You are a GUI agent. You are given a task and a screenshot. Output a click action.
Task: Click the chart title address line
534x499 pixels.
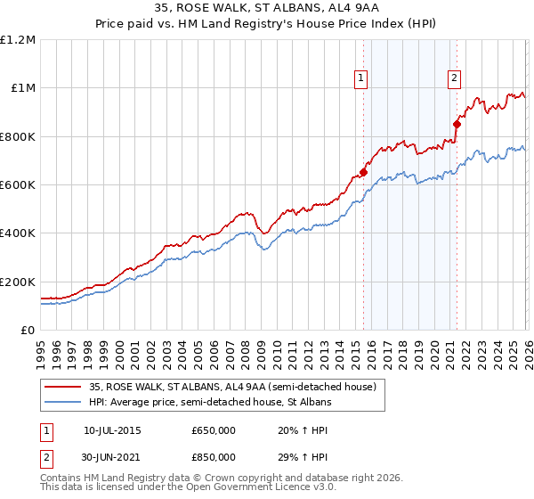click(x=266, y=10)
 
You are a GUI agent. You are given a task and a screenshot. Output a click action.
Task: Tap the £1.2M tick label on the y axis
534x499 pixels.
click(x=18, y=39)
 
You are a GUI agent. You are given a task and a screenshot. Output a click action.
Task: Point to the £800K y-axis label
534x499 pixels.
click(x=18, y=136)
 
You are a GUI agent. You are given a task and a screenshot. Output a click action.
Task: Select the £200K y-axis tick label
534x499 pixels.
click(x=18, y=282)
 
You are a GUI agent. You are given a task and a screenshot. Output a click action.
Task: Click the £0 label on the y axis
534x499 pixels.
click(x=27, y=330)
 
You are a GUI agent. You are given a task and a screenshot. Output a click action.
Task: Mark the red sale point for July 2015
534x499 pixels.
click(x=363, y=172)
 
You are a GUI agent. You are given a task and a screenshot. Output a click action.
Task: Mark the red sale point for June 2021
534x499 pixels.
click(x=457, y=124)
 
